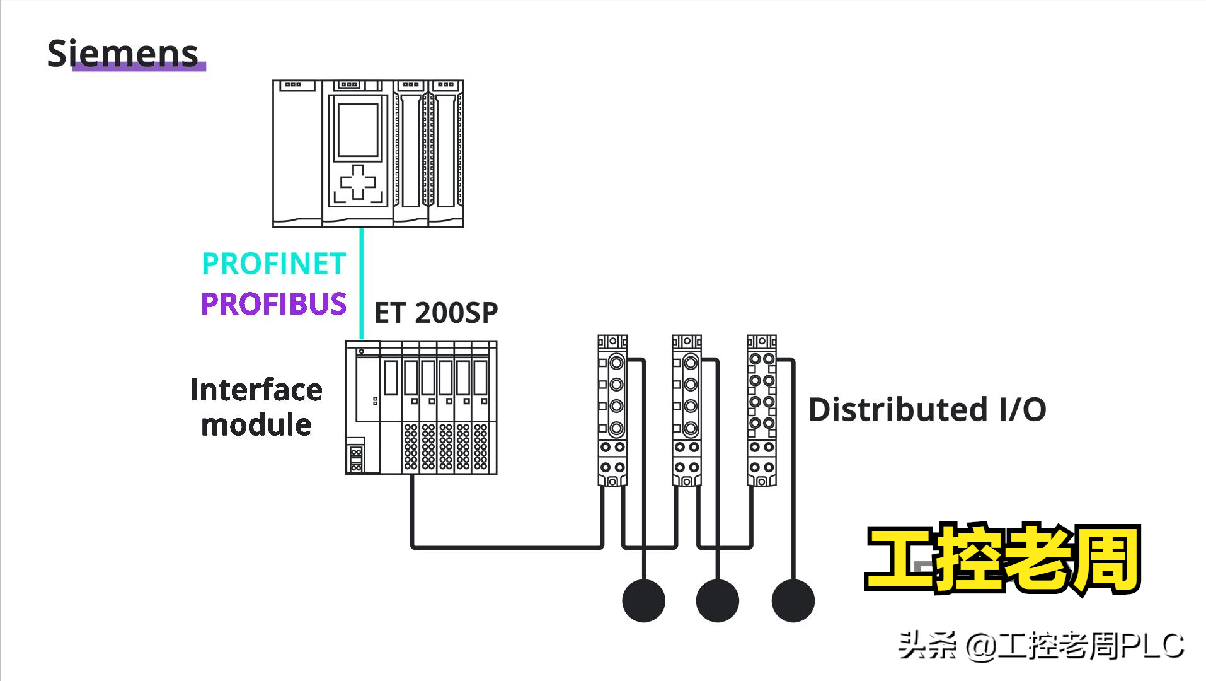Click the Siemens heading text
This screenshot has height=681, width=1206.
(x=123, y=53)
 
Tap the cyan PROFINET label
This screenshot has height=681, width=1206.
(x=273, y=264)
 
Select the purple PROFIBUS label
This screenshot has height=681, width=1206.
(x=273, y=304)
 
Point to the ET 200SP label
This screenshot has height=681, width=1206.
(x=436, y=313)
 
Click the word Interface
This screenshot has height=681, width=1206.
(x=256, y=390)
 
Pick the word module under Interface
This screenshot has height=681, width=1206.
(x=256, y=425)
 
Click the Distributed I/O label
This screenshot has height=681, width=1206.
(x=927, y=410)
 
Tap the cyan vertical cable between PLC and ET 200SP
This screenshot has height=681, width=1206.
(x=362, y=284)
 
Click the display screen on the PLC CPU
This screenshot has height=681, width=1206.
(x=358, y=130)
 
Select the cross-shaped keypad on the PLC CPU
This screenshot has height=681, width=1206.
(x=358, y=182)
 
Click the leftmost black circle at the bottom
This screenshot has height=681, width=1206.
(x=643, y=601)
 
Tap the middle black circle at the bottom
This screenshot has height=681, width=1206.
(x=718, y=601)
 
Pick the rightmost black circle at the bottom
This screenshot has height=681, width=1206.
(x=793, y=601)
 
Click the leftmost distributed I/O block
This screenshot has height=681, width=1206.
(x=612, y=410)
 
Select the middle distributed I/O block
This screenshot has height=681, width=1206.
(x=687, y=410)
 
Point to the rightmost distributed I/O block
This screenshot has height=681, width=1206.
(x=761, y=410)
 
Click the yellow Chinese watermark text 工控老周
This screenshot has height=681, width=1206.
(x=1003, y=559)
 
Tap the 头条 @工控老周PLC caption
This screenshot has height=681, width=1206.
(x=1040, y=646)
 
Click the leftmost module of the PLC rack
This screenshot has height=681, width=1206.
(x=297, y=153)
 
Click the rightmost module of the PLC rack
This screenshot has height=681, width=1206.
(x=446, y=153)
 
